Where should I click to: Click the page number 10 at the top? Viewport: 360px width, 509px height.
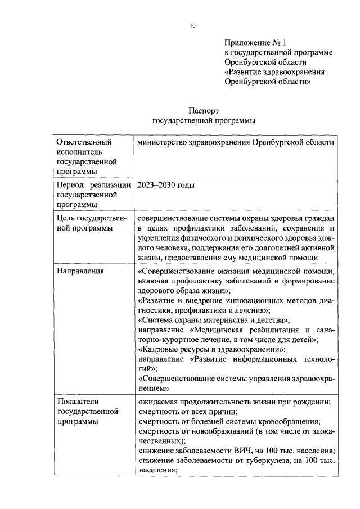[192, 26]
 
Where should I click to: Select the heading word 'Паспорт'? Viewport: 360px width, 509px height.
[204, 111]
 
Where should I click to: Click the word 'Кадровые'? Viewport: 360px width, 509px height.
[159, 349]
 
